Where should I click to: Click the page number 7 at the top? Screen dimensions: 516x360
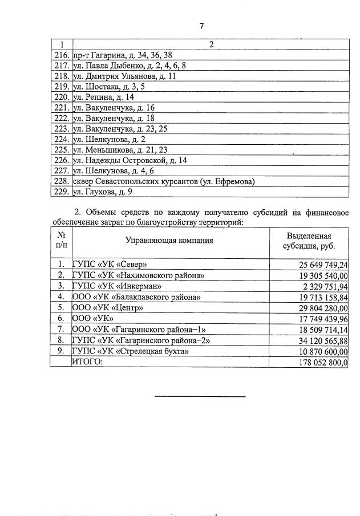201,26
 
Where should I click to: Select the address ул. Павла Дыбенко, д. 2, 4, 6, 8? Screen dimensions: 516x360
130,66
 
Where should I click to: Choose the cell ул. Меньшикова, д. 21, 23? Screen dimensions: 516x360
120,150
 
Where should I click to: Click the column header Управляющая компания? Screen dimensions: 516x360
169,240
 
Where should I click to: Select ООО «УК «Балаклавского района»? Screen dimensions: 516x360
136,296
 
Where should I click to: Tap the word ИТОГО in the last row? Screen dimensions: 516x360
87,361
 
